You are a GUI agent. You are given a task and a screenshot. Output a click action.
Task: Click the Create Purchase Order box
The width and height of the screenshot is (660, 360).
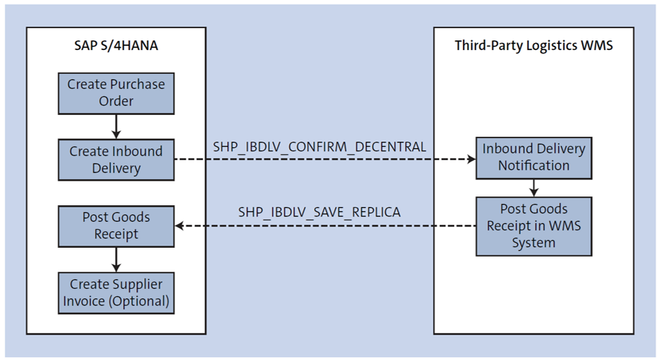point(116,93)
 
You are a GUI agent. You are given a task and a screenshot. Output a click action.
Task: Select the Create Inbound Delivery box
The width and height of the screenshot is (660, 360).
point(116,159)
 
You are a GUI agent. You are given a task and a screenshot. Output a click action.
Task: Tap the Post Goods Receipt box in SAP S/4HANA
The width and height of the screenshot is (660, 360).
point(116,226)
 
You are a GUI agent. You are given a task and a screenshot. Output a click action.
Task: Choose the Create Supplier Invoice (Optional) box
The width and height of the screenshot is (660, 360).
point(116,293)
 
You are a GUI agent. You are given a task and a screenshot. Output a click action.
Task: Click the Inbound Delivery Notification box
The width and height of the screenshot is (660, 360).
point(533,157)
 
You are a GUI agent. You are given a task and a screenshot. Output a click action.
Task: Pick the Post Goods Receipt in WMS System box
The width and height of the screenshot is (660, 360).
point(533,226)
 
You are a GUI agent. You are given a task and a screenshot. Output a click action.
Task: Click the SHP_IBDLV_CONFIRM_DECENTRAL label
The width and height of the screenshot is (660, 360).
point(320,147)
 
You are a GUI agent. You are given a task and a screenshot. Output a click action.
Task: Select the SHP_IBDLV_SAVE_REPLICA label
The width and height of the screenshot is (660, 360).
point(320,213)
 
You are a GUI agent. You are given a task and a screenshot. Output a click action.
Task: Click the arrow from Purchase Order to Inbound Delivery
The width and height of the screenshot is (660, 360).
point(116,127)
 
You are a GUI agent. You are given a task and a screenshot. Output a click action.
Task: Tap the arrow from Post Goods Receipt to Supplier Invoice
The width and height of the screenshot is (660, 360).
point(116,259)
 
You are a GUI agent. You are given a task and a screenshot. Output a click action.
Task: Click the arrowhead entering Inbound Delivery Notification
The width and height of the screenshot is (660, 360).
point(471,159)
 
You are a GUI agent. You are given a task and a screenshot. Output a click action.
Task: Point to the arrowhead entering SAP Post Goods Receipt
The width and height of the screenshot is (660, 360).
point(179,226)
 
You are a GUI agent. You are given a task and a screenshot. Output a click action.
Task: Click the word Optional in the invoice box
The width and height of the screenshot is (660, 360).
point(140,301)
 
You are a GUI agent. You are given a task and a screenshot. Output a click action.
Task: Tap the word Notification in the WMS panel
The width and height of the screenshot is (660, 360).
point(533,166)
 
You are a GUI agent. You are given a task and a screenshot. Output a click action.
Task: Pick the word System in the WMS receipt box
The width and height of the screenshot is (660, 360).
point(533,242)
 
